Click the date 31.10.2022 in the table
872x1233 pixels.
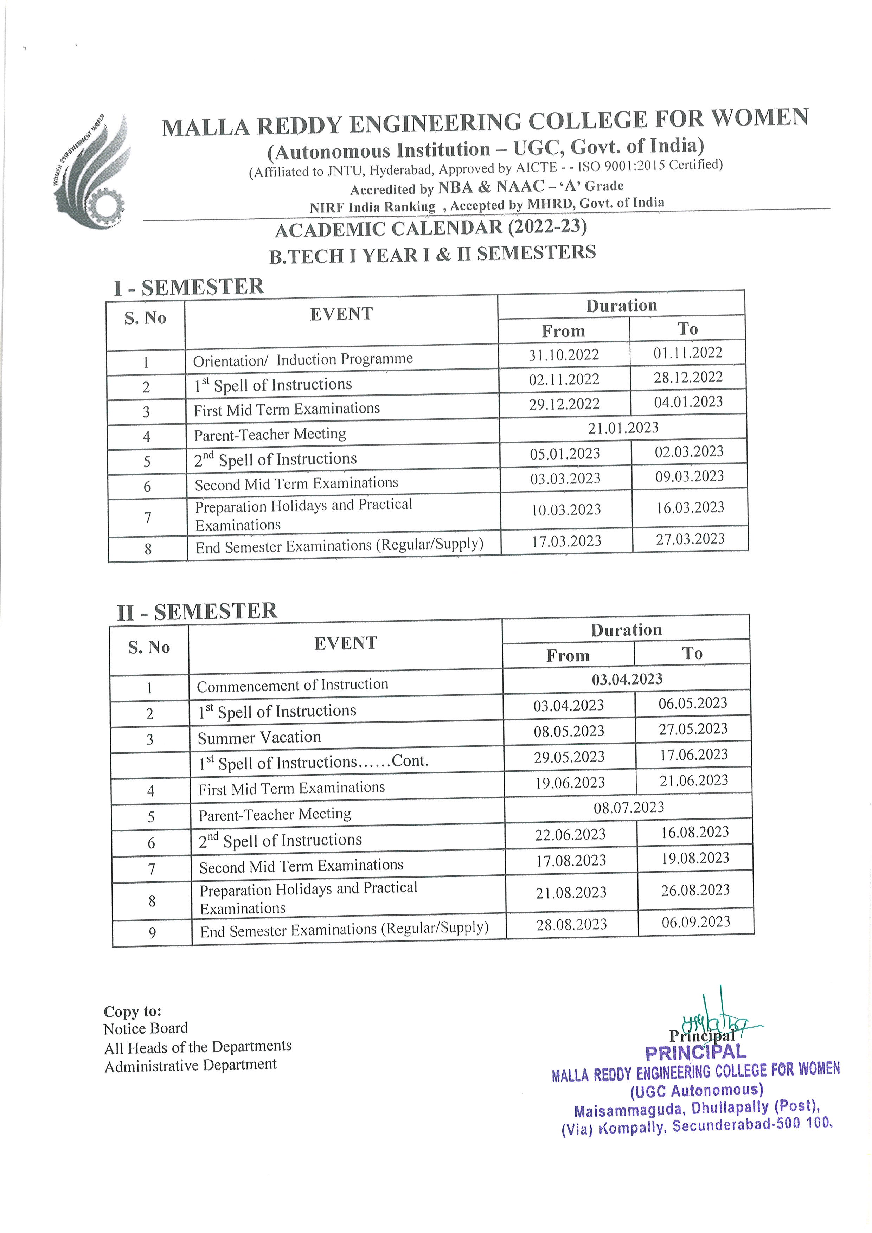point(563,355)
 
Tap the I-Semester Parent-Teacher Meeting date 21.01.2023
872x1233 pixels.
point(623,428)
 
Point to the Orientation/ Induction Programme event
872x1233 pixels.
point(303,359)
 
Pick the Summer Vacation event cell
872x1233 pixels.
point(259,737)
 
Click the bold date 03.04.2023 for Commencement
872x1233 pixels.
point(627,679)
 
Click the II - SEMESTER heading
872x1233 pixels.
point(197,612)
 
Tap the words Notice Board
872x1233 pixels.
point(146,1028)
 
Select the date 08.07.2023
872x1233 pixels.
point(629,807)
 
